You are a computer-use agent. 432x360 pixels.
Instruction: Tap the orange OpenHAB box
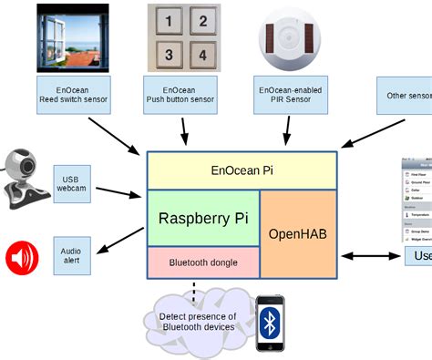tap(298, 233)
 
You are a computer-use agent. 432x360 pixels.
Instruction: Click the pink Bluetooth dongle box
tap(202, 262)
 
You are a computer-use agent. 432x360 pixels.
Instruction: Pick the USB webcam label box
tap(72, 182)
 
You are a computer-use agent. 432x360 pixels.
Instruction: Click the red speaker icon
tap(22, 258)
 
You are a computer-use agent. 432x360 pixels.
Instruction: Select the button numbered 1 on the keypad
tap(169, 20)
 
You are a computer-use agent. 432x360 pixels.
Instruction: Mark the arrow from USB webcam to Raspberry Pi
tap(118, 193)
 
